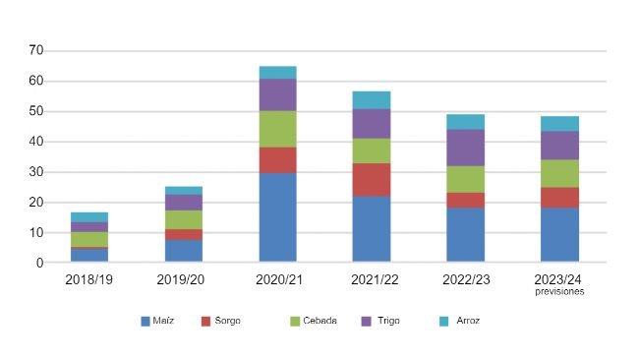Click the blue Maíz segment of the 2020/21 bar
point(278,217)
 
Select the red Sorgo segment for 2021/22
point(371,179)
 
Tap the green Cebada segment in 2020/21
point(278,128)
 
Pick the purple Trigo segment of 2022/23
point(465,148)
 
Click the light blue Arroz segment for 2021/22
point(371,99)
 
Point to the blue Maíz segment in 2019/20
point(183,251)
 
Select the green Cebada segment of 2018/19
point(89,239)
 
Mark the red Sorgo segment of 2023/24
point(559,197)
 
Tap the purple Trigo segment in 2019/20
point(183,202)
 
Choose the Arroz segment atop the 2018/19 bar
point(89,216)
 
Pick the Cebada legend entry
point(314,321)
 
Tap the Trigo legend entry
point(383,321)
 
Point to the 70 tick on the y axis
point(35,50)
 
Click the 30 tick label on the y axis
point(35,172)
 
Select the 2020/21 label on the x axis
point(278,279)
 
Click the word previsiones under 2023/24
point(559,292)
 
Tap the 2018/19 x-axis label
point(89,279)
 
